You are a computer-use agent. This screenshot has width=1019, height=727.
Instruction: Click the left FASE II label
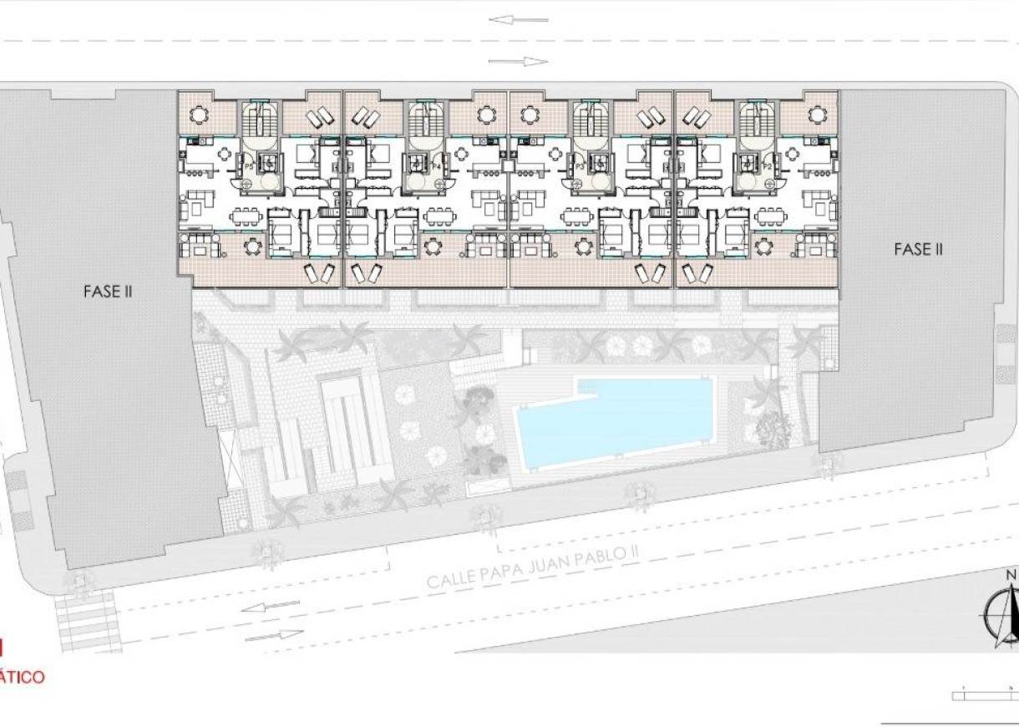tap(108, 292)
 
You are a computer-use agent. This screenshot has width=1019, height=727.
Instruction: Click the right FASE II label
tap(918, 249)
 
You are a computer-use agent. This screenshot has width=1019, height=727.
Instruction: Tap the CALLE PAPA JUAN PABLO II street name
tap(532, 571)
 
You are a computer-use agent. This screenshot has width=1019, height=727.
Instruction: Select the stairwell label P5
tap(249, 168)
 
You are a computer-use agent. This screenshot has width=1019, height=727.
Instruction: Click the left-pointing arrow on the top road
tap(519, 20)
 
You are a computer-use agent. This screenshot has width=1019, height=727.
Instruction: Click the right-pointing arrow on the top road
tap(519, 61)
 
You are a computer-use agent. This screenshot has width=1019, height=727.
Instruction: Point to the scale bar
tap(986, 694)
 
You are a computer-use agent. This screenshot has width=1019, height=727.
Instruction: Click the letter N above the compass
tap(1011, 575)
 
